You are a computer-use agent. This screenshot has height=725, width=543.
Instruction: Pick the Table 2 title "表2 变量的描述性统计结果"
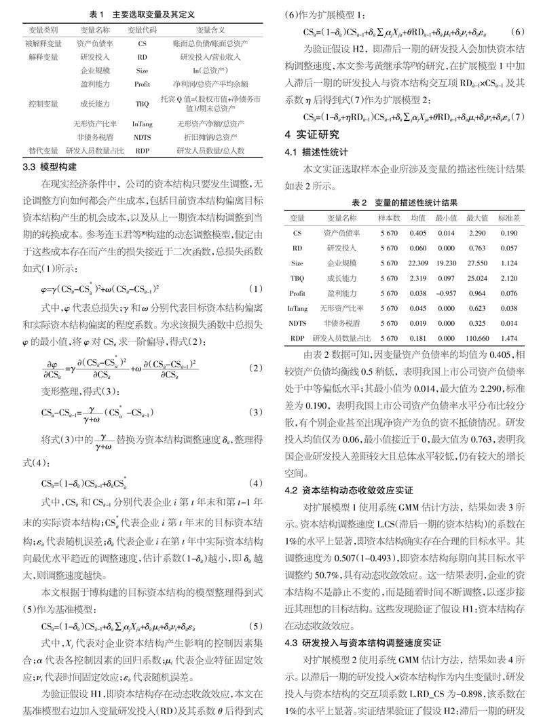[405, 202]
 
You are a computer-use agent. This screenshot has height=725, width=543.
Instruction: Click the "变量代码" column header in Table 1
[142, 31]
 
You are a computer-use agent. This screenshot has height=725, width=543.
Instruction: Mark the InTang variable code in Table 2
[297, 308]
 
